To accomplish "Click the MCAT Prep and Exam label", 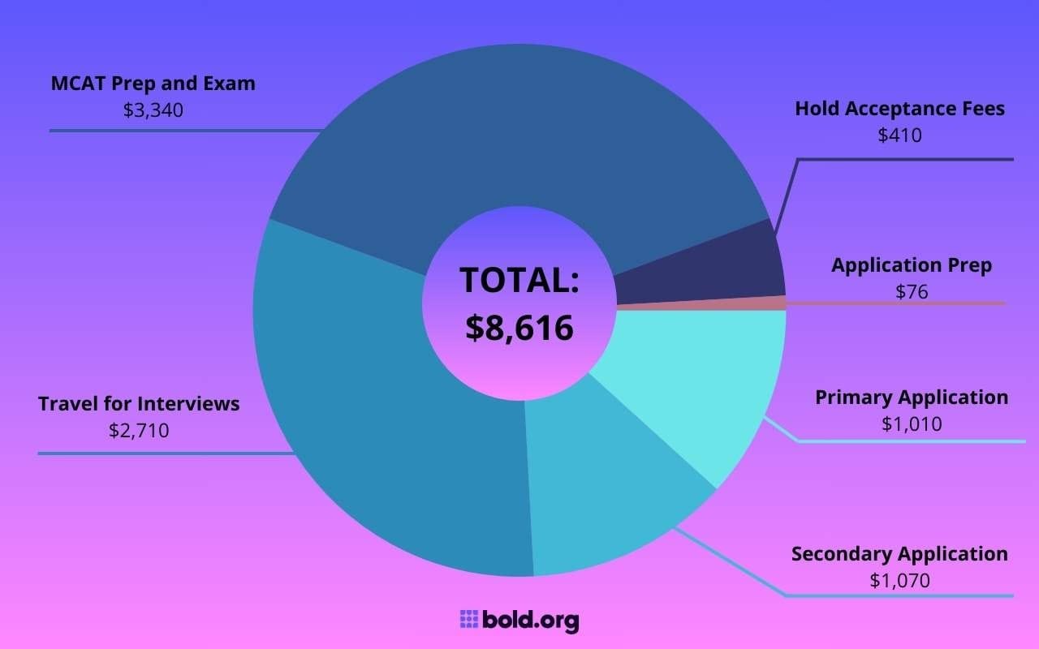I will point(153,84).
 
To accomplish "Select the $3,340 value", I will point(153,110).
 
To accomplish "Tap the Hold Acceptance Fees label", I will point(899,109).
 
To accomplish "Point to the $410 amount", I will point(899,135).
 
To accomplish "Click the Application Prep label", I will point(912,265).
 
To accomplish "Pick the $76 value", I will point(912,291).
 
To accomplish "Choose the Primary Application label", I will point(912,398).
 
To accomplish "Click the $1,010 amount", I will point(912,423).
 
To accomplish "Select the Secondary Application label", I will point(899,554).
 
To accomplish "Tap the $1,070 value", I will point(899,580).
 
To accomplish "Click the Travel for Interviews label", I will point(139,404).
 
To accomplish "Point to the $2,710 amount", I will point(139,430).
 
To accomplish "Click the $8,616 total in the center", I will point(519,326).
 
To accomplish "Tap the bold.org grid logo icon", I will point(468,620).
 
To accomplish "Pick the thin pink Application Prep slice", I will point(731,303).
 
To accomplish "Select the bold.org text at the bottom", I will point(531,621).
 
